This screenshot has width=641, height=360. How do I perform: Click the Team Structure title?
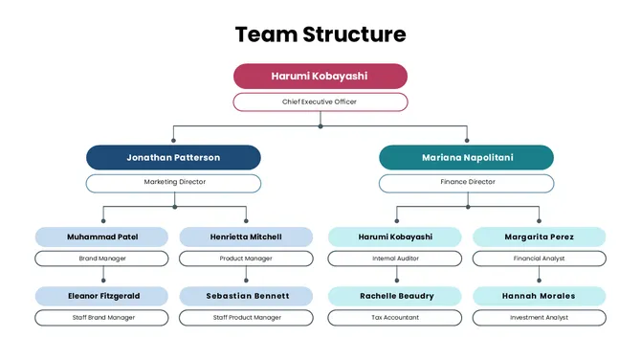point(320,35)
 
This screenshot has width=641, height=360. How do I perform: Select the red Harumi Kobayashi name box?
point(320,76)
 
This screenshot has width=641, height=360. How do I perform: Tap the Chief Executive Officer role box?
point(320,101)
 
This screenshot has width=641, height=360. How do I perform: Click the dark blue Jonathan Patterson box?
point(173,157)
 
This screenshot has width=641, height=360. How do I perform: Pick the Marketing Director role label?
point(173,182)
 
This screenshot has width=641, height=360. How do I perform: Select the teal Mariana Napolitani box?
point(466,157)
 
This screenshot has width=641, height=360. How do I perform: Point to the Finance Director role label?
point(466,182)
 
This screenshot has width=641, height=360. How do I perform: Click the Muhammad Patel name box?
point(102,236)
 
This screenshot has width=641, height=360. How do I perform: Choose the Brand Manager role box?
point(102,259)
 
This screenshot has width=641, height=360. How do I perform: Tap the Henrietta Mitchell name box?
point(246,236)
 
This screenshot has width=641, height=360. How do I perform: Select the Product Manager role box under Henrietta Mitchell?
point(246,259)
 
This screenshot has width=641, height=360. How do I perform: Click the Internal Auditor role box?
point(395,259)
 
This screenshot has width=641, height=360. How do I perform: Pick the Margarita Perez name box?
point(539,236)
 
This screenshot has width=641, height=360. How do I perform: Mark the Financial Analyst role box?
point(539,259)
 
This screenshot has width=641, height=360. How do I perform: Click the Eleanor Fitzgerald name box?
point(102,296)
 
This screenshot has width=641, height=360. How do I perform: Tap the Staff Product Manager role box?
point(246,318)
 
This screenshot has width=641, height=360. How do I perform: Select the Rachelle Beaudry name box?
point(395,296)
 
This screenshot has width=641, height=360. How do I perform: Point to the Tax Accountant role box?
point(395,318)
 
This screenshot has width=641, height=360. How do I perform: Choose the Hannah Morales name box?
point(539,296)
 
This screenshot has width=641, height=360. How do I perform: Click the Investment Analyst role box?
point(539,318)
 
